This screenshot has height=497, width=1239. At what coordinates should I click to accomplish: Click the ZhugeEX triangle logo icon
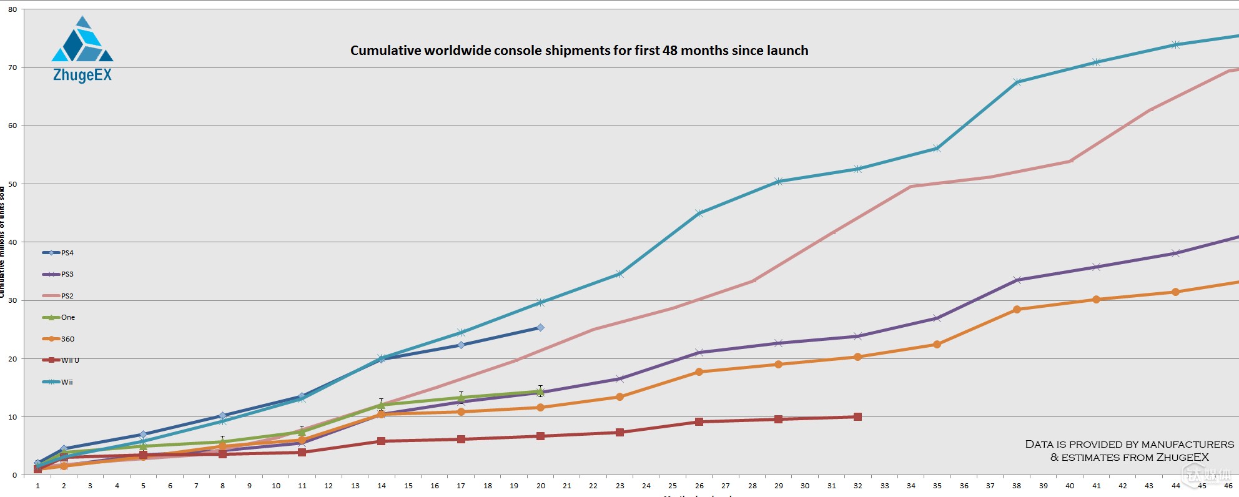click(x=82, y=41)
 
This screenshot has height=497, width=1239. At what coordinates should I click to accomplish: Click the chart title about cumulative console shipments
click(x=579, y=51)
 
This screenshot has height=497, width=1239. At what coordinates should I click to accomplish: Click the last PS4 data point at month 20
click(x=540, y=327)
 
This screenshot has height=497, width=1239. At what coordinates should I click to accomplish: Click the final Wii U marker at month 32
click(x=857, y=416)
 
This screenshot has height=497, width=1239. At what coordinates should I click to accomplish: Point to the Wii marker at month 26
click(x=699, y=213)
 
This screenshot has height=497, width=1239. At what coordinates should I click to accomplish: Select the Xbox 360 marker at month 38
click(x=1017, y=309)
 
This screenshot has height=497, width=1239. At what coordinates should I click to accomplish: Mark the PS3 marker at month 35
click(x=937, y=318)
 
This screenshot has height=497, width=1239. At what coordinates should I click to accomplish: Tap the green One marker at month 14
click(x=381, y=405)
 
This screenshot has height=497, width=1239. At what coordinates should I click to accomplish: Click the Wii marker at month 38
click(x=1017, y=82)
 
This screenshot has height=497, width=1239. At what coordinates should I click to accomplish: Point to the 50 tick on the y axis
click(x=12, y=184)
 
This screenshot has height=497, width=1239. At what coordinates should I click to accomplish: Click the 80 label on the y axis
click(x=12, y=9)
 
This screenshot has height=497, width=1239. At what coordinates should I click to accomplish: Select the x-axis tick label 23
click(x=619, y=486)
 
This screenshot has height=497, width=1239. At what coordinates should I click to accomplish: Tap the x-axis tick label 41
click(x=1096, y=486)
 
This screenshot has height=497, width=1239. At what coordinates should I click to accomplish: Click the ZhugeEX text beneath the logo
click(x=82, y=76)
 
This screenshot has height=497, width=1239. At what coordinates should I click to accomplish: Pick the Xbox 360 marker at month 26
click(x=699, y=372)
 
